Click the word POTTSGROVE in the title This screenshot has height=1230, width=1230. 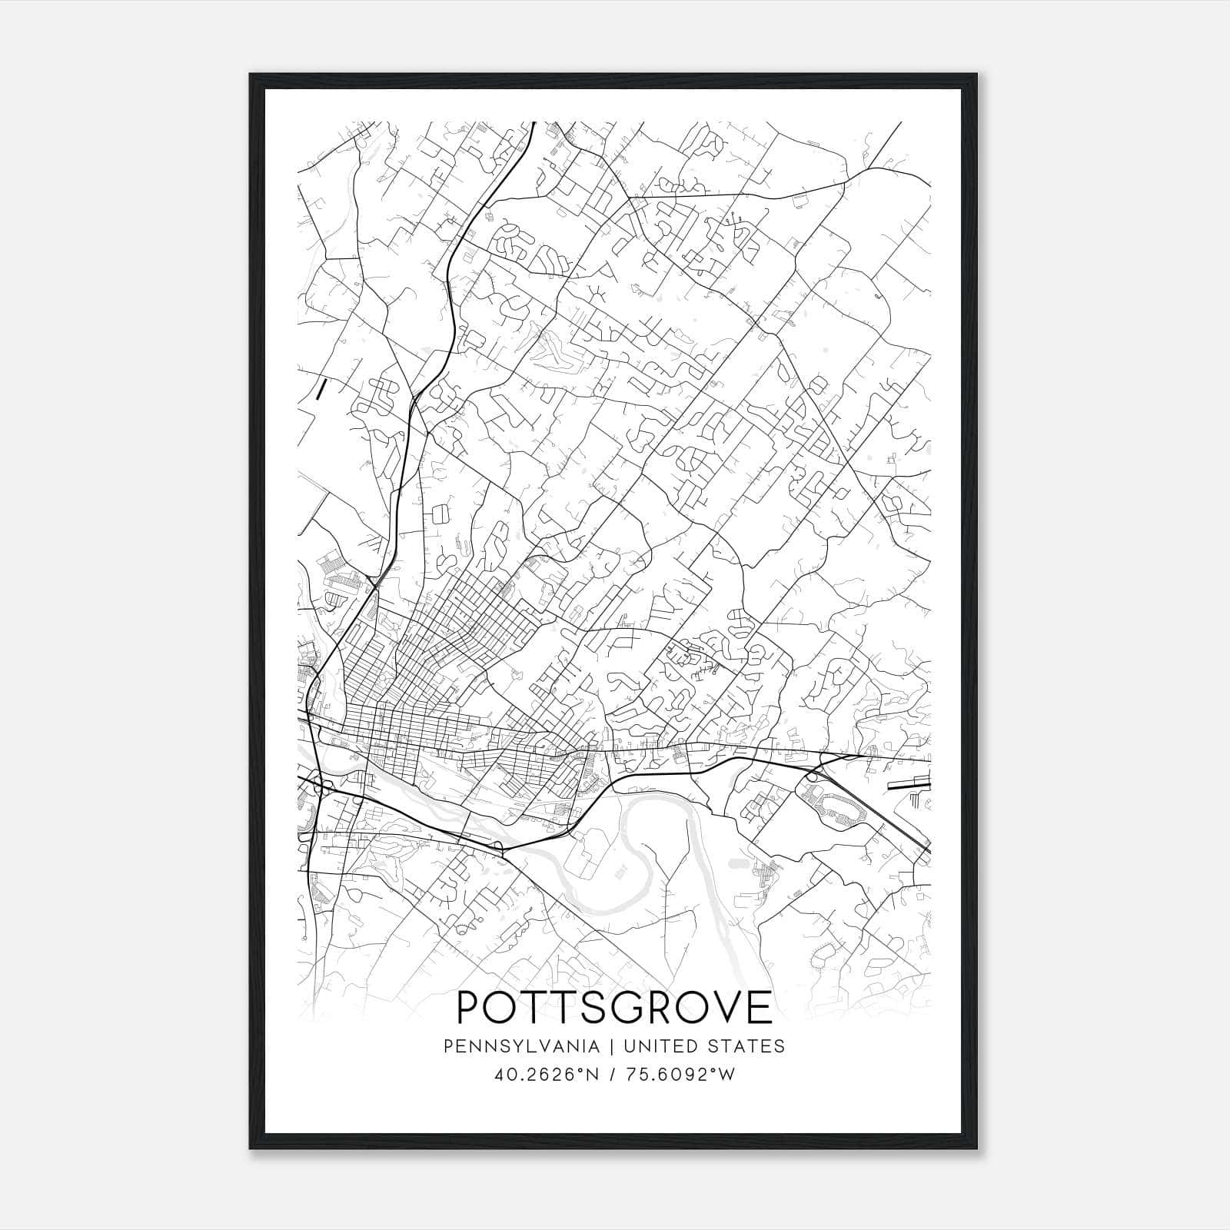(614, 1007)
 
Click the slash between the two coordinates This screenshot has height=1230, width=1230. (610, 1074)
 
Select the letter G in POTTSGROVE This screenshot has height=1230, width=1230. (625, 1007)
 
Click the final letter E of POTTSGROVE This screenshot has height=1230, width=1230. (760, 1007)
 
